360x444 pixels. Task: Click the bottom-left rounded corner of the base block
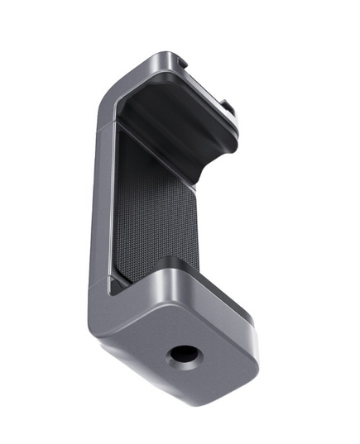(97, 331)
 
